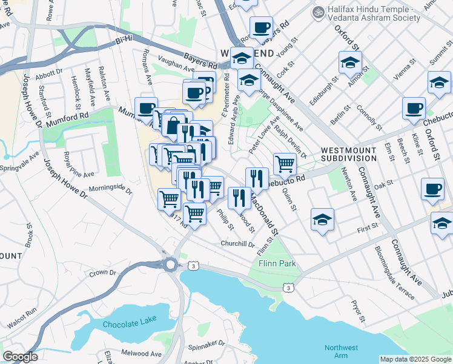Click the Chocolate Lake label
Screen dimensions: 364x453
(130, 324)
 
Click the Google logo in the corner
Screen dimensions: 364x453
(20, 357)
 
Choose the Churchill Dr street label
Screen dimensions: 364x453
(237, 244)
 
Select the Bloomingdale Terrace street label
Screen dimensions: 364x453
(394, 273)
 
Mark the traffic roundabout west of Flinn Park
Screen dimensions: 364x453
(170, 264)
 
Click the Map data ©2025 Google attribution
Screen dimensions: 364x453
(415, 359)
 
